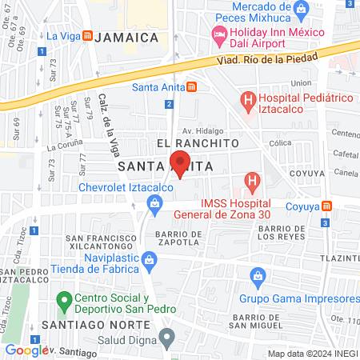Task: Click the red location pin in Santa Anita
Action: tap(182, 164)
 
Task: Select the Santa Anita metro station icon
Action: tap(191, 87)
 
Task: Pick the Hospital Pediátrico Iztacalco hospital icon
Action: tap(249, 101)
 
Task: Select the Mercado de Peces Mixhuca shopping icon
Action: tap(302, 10)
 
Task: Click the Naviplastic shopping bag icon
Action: tap(149, 260)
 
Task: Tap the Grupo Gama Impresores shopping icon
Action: tap(258, 278)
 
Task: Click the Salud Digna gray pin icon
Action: tap(166, 338)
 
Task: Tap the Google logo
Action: tap(24, 350)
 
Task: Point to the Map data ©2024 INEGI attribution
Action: tap(312, 354)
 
